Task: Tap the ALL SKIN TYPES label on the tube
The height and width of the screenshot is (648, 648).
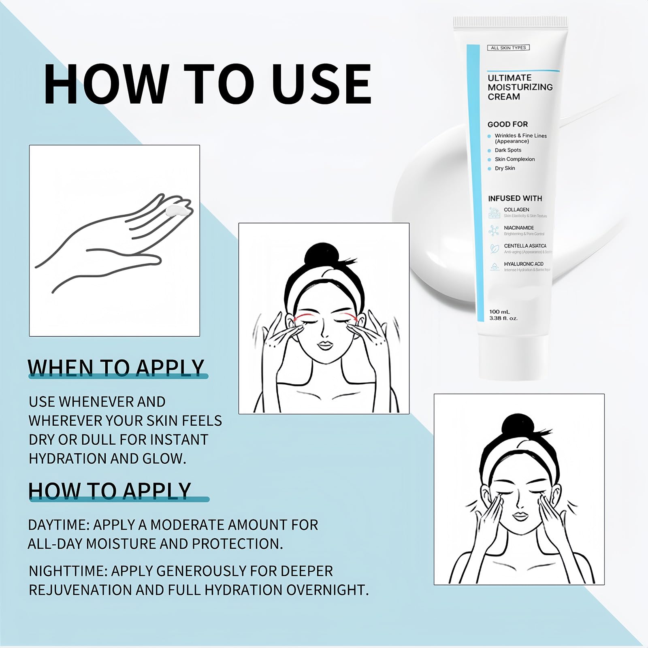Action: [508, 48]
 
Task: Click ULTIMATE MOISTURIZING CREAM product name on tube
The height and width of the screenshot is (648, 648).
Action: [520, 87]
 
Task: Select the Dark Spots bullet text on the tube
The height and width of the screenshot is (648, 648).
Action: [508, 150]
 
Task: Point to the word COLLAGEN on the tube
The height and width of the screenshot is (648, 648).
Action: [516, 210]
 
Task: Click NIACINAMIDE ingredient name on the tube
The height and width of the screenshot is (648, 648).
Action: [519, 228]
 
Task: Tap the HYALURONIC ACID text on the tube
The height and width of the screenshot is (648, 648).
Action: [524, 264]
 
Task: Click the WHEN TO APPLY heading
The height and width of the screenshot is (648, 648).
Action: [116, 368]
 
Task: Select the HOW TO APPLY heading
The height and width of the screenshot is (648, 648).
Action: [109, 490]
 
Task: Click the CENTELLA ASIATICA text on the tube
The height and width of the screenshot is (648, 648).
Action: [525, 246]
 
